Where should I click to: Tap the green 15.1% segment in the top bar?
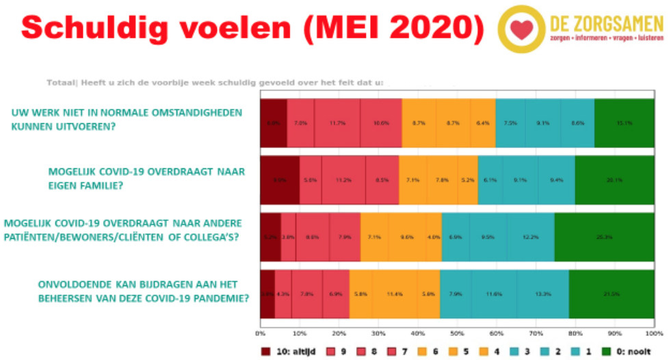[624, 123]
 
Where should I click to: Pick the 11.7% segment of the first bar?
[337, 123]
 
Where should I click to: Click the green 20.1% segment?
[614, 181]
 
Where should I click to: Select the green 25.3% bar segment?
[604, 237]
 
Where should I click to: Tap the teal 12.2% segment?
[530, 237]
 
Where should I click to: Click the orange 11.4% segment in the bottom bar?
[395, 294]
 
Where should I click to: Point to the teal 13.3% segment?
[542, 294]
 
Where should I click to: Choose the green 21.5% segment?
[611, 294]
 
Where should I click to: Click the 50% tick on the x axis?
[457, 333]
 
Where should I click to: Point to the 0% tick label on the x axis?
[260, 333]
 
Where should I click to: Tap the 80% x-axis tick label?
[575, 333]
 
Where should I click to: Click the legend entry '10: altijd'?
[288, 352]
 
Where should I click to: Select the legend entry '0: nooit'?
[631, 352]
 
